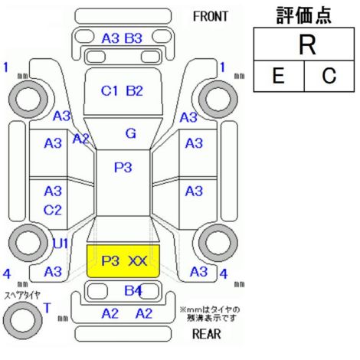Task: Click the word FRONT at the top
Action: click(210, 17)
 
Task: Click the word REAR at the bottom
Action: click(206, 334)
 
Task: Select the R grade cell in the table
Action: click(304, 44)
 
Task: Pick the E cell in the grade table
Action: click(279, 76)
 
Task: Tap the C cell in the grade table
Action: click(329, 76)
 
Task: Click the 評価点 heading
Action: click(304, 15)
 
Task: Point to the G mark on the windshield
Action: click(131, 133)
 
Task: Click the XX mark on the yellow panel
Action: click(137, 261)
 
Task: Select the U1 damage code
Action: click(61, 244)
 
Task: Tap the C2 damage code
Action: click(53, 211)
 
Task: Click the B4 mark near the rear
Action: click(133, 290)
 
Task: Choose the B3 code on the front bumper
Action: click(133, 38)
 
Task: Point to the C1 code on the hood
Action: click(110, 91)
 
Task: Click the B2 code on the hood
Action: click(134, 91)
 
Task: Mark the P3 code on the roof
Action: click(123, 168)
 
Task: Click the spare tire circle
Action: click(22, 321)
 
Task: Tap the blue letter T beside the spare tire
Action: click(47, 308)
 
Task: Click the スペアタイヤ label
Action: click(22, 296)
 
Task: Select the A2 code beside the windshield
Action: click(80, 139)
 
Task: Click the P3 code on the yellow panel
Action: click(110, 261)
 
